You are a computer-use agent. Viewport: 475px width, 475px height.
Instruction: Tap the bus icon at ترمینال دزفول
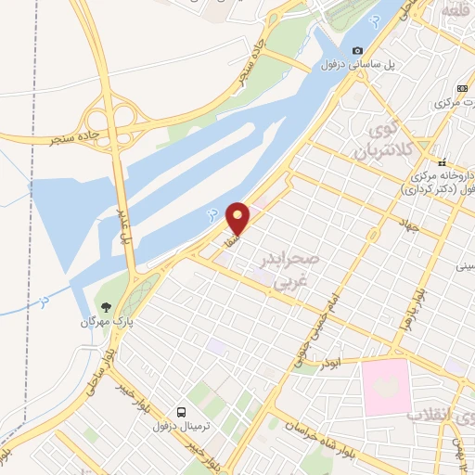(x=181, y=411)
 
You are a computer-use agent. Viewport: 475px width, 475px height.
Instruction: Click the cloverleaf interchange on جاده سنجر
(x=109, y=119)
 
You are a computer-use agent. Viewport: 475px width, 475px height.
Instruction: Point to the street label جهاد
(x=411, y=225)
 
